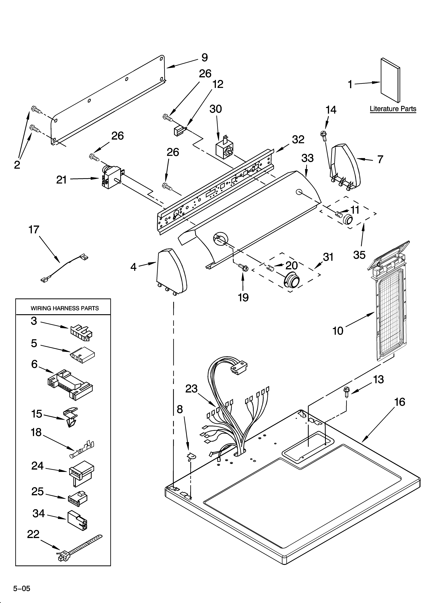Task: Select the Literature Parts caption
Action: click(393, 109)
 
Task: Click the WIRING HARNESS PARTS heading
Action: click(65, 308)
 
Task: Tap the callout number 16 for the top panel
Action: click(400, 402)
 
